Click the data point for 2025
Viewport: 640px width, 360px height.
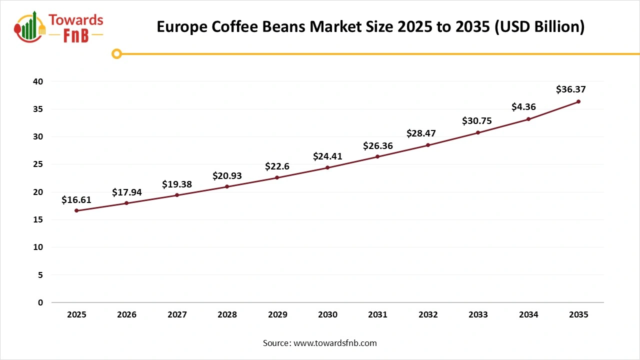point(76,210)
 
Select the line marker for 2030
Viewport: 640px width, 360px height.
point(327,167)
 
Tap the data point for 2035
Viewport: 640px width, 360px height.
point(578,101)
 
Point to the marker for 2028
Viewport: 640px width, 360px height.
point(227,186)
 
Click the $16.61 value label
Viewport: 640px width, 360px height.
point(76,200)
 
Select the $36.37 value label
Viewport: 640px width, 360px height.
point(570,89)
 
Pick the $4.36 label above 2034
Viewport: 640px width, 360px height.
point(524,106)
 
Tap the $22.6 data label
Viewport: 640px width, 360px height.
point(277,166)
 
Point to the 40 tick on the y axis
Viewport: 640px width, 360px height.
point(38,81)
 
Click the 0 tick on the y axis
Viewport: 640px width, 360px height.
point(40,302)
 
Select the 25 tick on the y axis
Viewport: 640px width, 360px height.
point(38,164)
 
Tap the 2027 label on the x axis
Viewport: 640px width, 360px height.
point(177,315)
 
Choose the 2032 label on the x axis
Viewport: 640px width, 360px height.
point(428,315)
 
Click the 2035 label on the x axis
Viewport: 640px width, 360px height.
point(578,315)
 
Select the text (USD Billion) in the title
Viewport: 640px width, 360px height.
point(540,26)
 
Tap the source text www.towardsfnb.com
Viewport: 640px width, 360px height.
point(335,343)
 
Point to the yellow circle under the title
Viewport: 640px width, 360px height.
point(116,53)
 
